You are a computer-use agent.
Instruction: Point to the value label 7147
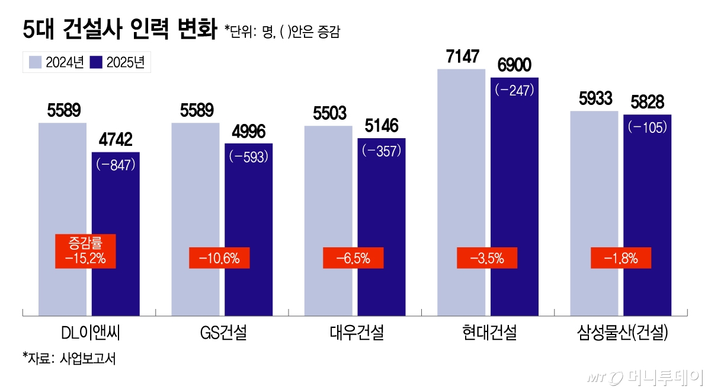pyautogui.click(x=461, y=58)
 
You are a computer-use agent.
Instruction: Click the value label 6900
pyautogui.click(x=515, y=66)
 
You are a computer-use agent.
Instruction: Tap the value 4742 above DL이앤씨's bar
pyautogui.click(x=116, y=141)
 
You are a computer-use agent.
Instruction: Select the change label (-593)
pyautogui.click(x=249, y=157)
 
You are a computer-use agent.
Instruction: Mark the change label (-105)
pyautogui.click(x=647, y=127)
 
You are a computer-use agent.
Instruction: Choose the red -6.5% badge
pyautogui.click(x=353, y=258)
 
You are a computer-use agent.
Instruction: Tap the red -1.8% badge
pyautogui.click(x=621, y=258)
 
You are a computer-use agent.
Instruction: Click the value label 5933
pyautogui.click(x=594, y=99)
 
